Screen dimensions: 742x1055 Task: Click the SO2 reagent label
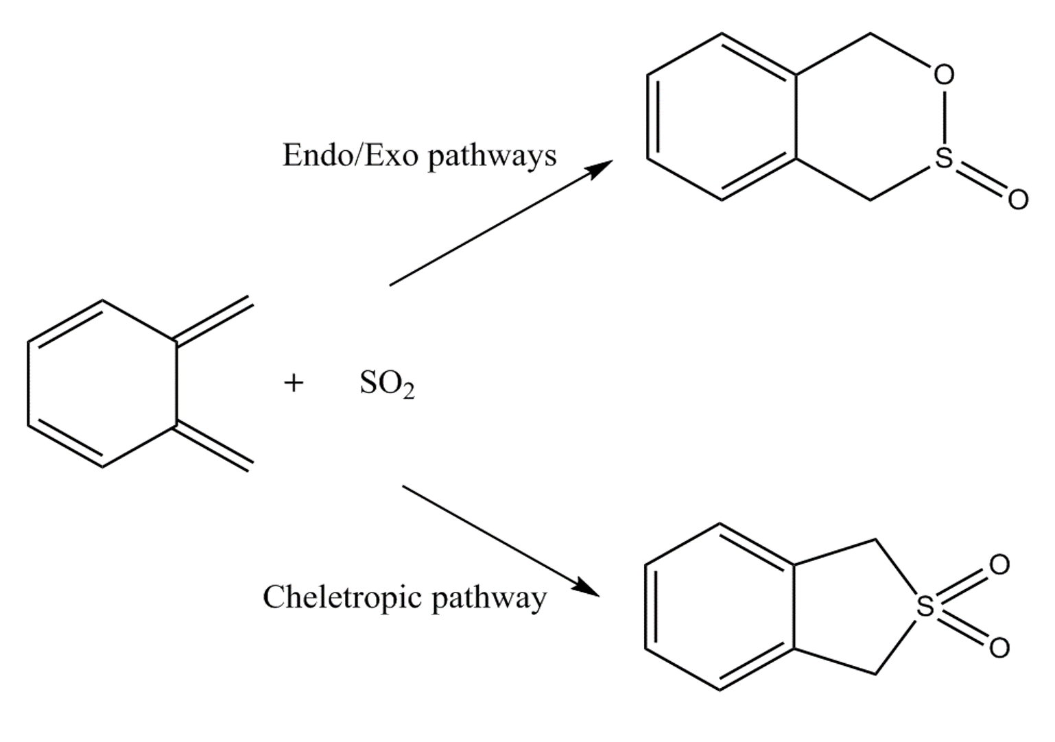click(x=387, y=384)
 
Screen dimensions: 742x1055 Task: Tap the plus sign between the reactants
click(x=294, y=383)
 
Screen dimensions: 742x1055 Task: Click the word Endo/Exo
click(x=350, y=155)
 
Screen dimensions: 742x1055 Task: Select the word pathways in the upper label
click(x=492, y=157)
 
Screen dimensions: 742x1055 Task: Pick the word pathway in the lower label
click(x=488, y=599)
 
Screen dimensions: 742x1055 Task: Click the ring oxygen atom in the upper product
click(x=944, y=75)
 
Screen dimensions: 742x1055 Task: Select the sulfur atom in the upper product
click(x=944, y=158)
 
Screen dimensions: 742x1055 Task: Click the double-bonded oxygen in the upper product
click(x=1017, y=199)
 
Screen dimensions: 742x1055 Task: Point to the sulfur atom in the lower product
click(x=925, y=606)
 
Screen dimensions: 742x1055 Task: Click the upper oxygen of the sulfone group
click(x=999, y=565)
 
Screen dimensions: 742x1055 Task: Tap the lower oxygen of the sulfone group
click(x=999, y=647)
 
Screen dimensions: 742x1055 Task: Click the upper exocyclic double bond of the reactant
click(x=213, y=320)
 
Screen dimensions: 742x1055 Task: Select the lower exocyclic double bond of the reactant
click(x=213, y=447)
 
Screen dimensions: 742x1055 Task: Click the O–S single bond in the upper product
click(x=944, y=117)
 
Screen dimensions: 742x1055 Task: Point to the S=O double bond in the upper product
click(x=981, y=179)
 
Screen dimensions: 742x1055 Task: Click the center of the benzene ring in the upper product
click(x=722, y=117)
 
